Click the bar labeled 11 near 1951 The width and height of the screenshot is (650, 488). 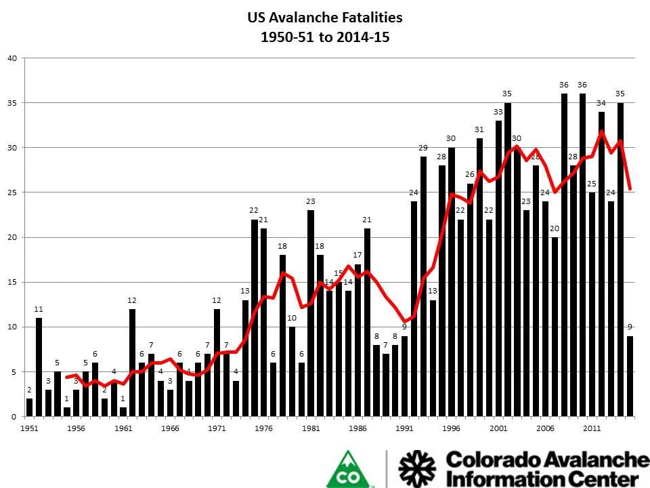click(39, 367)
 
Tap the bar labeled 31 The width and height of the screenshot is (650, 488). click(479, 277)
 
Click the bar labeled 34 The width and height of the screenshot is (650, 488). click(601, 264)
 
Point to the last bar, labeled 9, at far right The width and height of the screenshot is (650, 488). click(630, 376)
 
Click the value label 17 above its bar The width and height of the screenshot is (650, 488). click(357, 255)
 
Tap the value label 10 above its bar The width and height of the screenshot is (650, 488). click(292, 318)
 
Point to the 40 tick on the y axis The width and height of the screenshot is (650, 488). click(12, 58)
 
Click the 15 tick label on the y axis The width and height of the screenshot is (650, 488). click(12, 282)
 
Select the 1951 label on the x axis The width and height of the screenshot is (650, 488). click(29, 428)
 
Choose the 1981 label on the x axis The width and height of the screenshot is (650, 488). click(311, 428)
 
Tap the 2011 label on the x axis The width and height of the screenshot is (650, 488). click(592, 428)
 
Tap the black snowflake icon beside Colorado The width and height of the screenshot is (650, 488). click(417, 469)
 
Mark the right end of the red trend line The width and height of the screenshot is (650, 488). click(630, 189)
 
